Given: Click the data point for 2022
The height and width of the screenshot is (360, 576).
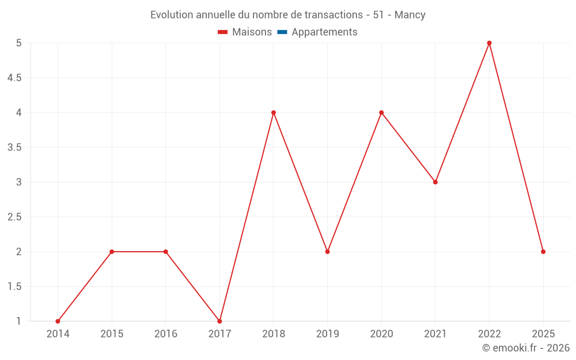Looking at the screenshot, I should point(489,43).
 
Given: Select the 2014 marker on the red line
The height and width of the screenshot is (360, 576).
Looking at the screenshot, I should point(58,321).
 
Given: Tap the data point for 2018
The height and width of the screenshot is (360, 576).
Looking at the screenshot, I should point(274,112).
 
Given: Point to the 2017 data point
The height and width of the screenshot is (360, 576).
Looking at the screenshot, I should point(219,321).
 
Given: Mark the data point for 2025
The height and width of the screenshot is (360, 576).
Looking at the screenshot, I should point(543,252).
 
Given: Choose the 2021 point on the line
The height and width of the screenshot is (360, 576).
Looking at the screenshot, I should point(435,182).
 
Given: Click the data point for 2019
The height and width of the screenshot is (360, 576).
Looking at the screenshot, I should point(327,252).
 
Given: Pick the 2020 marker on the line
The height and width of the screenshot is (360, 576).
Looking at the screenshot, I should point(381,112).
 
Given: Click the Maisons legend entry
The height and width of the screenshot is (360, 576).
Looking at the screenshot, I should point(252,32).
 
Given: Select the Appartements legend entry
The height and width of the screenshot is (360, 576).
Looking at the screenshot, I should point(324,32).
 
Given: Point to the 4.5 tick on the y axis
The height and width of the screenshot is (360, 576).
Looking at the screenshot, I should point(14,78).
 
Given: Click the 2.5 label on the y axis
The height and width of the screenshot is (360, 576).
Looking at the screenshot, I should point(14,217).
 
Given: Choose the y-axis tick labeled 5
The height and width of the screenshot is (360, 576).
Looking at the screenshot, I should point(18,43).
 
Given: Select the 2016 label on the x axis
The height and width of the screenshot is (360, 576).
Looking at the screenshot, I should point(165,334).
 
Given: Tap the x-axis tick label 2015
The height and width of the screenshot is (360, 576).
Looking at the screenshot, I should point(112,334).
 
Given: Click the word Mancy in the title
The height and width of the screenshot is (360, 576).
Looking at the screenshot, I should point(410,15).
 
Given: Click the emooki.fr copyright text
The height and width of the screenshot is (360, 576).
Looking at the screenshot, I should point(526,348).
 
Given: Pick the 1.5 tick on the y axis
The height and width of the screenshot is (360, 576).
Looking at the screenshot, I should point(14,287).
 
